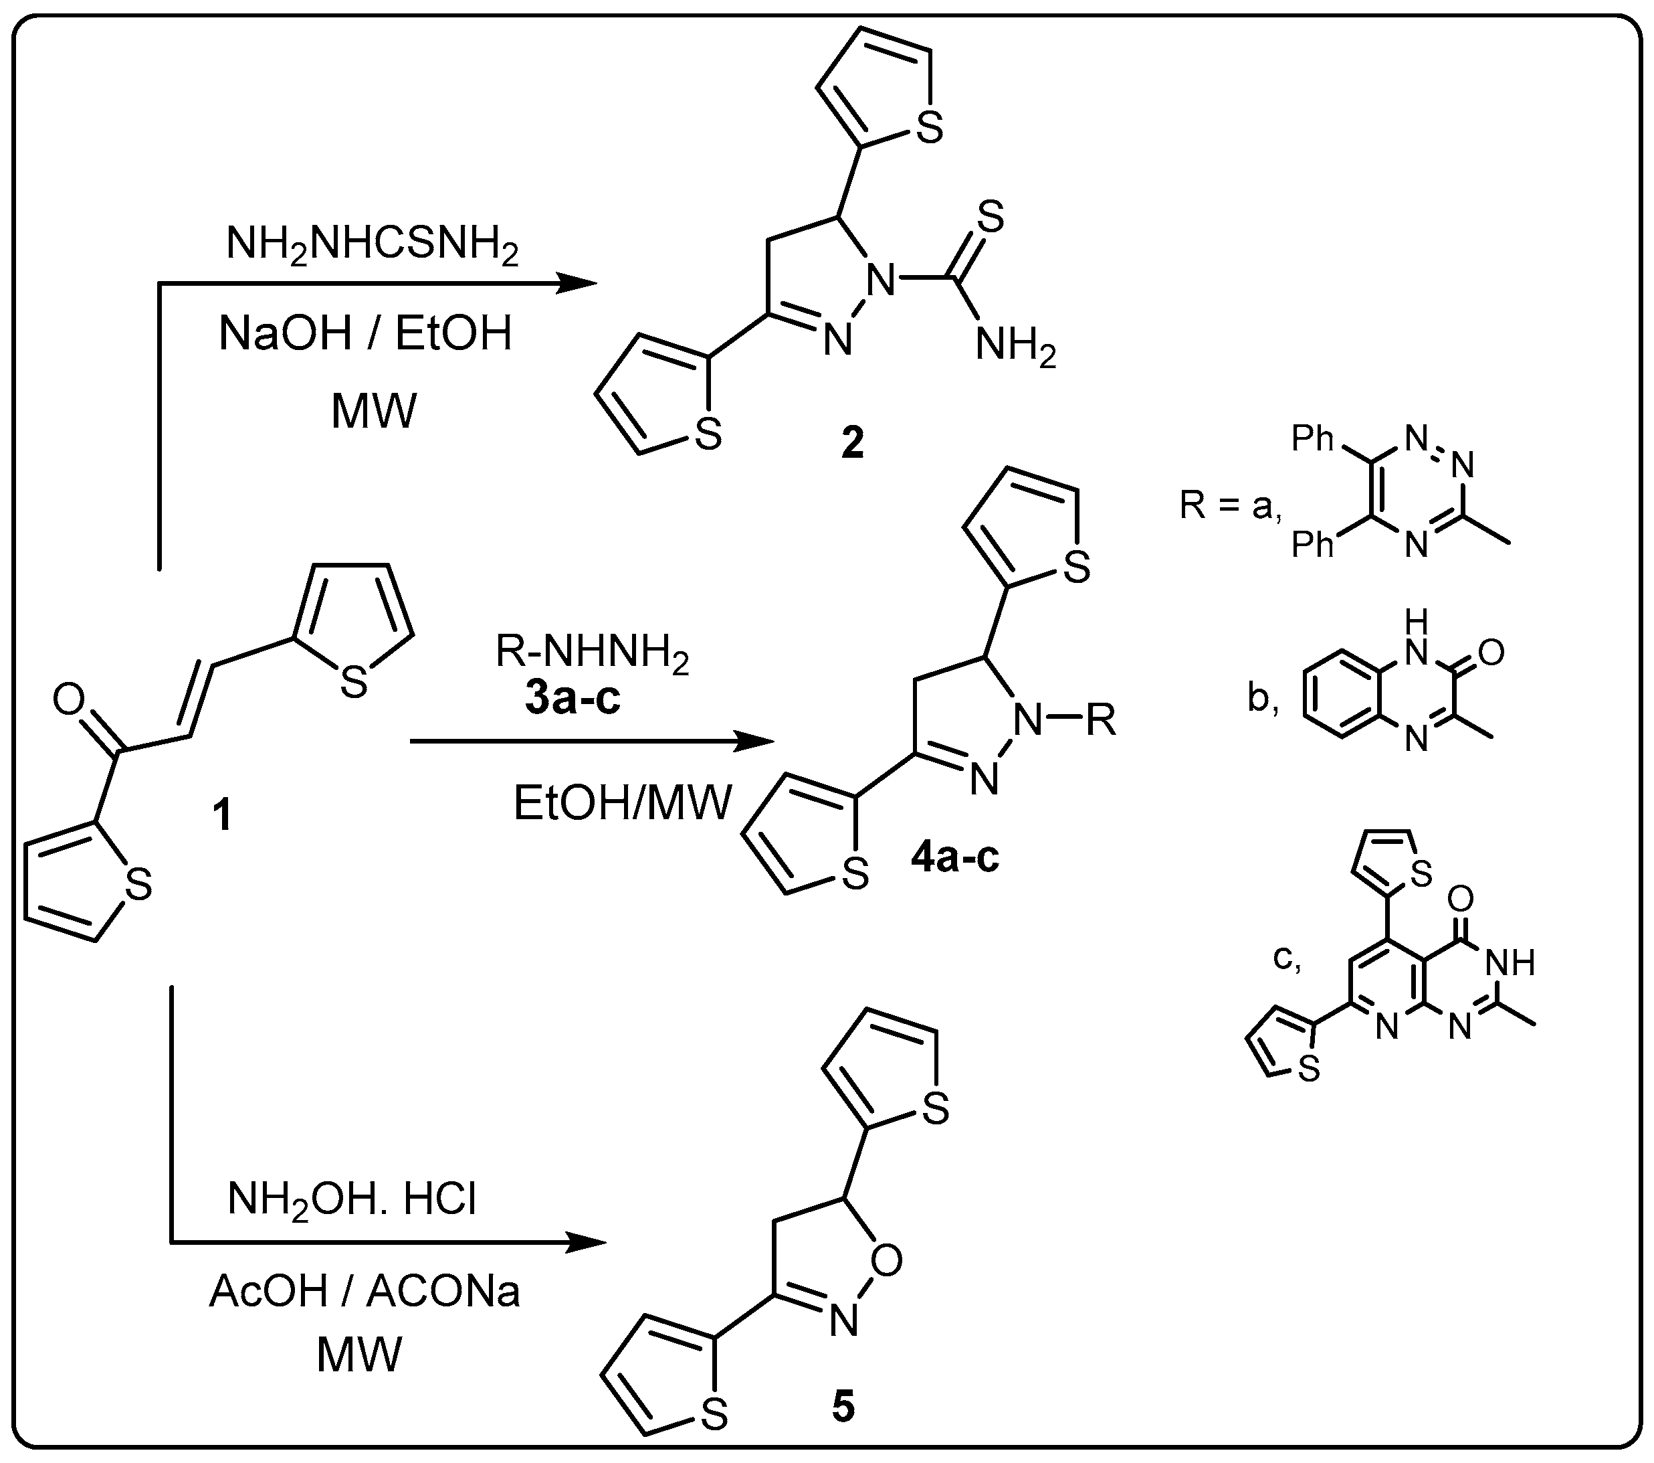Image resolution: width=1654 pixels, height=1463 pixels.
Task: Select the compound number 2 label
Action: pos(852,443)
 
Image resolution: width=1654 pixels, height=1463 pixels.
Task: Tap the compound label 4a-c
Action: pos(955,857)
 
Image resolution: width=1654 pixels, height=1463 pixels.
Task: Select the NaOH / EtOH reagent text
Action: pos(366,333)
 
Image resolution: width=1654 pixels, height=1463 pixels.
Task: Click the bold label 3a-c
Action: pos(573,699)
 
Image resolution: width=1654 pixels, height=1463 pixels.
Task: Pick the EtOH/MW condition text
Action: pos(622,804)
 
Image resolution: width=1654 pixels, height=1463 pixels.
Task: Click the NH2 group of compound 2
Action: pos(1015,348)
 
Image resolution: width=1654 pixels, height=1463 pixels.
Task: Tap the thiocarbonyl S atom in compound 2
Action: pos(991,217)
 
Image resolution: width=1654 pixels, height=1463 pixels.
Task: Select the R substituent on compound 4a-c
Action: pos(1100,719)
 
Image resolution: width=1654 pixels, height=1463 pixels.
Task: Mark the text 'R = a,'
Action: pos(1230,506)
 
